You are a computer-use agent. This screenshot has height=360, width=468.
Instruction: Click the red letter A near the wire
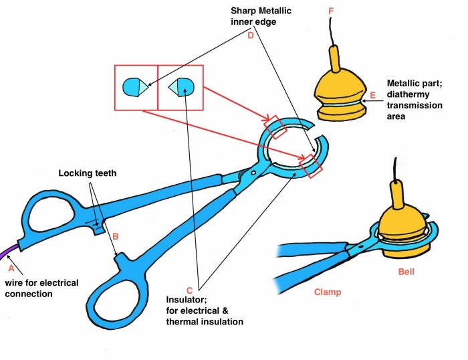[x=11, y=268]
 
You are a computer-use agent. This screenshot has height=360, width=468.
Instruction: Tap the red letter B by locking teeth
[x=116, y=236]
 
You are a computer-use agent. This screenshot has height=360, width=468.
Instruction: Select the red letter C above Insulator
[x=189, y=290]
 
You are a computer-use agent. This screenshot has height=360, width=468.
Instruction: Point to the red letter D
[x=251, y=35]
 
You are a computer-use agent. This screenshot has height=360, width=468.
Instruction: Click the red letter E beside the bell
[x=373, y=95]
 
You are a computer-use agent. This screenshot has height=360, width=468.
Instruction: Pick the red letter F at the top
[x=331, y=11]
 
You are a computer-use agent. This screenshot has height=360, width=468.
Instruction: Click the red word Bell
[x=406, y=272]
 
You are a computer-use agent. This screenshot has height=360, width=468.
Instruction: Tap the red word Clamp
[x=328, y=292]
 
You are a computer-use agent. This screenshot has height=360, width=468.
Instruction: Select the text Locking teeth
[x=87, y=173]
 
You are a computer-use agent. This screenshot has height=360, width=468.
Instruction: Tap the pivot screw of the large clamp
[x=253, y=173]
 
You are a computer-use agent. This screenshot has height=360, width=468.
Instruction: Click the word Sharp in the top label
[x=243, y=11]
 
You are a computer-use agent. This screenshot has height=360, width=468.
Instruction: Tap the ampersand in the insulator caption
[x=225, y=310]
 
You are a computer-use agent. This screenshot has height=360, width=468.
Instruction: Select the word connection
[x=29, y=294]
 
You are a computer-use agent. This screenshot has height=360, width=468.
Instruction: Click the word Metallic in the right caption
[x=404, y=83]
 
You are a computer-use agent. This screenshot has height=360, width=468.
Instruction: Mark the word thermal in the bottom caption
[x=182, y=322]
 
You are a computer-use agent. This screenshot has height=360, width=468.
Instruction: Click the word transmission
[x=415, y=106]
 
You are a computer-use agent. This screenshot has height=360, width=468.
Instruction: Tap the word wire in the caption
[x=14, y=283]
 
